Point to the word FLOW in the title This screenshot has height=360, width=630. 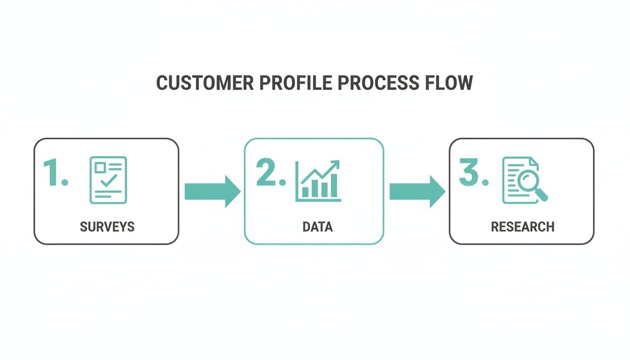[x=449, y=83]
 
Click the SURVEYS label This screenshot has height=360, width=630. [x=107, y=227]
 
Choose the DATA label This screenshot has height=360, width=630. [x=317, y=227]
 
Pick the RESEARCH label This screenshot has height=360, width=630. [x=523, y=227]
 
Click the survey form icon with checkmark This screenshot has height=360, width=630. [x=108, y=180]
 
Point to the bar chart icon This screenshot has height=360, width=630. [x=318, y=182]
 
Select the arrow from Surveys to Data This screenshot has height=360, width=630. [x=212, y=191]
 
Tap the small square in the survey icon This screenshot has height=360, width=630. [x=100, y=167]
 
